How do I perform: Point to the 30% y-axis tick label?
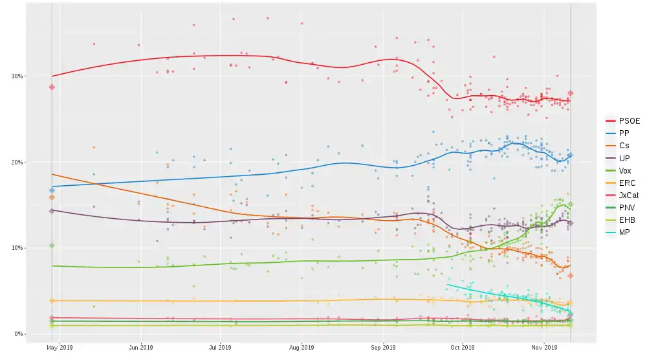[16, 76]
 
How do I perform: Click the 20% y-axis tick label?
[16, 162]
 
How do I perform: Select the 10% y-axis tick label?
[16, 248]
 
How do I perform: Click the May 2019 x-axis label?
[60, 348]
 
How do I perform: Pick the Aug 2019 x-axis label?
[302, 348]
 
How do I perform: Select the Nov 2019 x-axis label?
[545, 348]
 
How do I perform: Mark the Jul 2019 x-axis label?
[221, 348]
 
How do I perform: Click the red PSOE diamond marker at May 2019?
[52, 87]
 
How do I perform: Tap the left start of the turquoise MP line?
[447, 284]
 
